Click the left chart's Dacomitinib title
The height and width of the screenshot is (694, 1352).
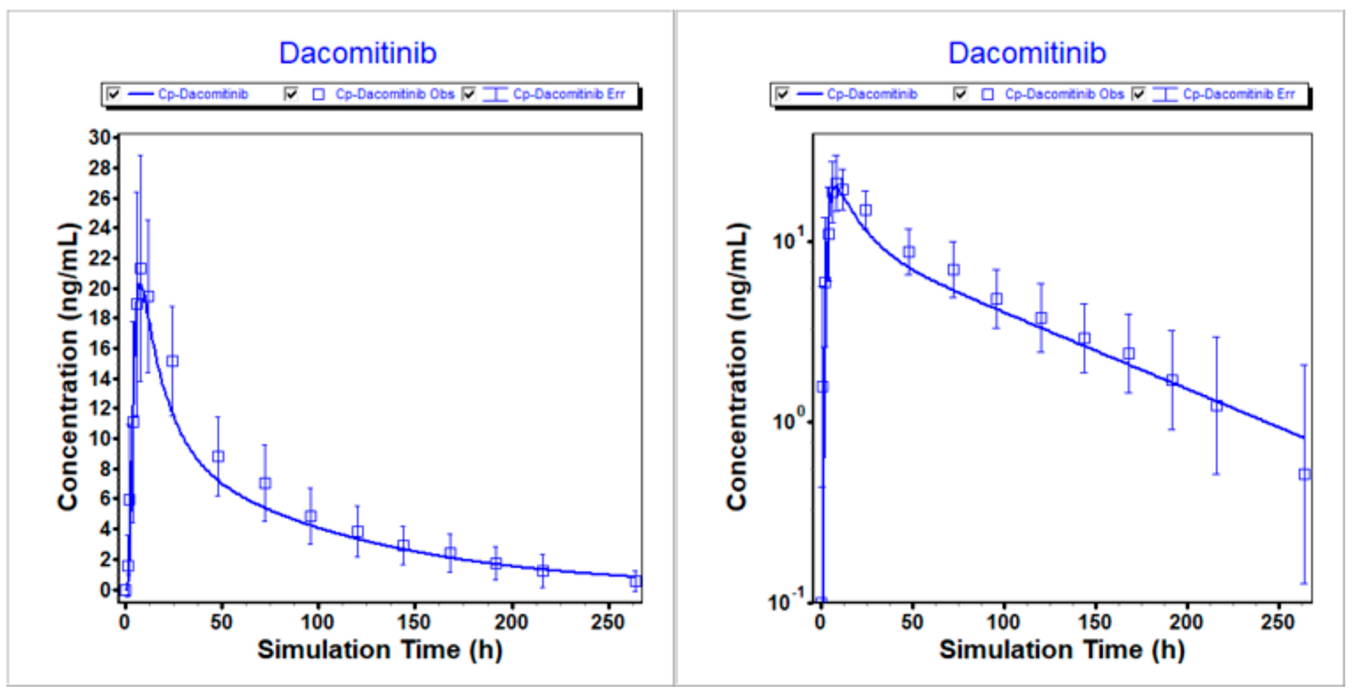pyautogui.click(x=357, y=53)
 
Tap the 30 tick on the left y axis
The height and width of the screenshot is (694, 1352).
pyautogui.click(x=100, y=138)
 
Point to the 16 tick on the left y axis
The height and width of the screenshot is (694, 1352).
pyautogui.click(x=100, y=349)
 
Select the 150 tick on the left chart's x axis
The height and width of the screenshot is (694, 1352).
pyautogui.click(x=414, y=623)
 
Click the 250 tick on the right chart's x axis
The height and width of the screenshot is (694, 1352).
pyautogui.click(x=1277, y=623)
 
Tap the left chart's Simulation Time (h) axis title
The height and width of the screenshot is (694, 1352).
pyautogui.click(x=380, y=650)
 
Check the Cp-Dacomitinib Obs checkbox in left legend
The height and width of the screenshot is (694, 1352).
pyautogui.click(x=291, y=94)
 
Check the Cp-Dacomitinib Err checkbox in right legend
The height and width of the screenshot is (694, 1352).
pyautogui.click(x=1138, y=94)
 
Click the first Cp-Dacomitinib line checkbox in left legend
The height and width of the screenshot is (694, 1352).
pyautogui.click(x=113, y=94)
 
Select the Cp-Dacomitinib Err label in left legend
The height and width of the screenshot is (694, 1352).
pyautogui.click(x=569, y=94)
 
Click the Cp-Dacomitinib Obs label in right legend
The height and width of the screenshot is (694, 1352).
pyautogui.click(x=1064, y=94)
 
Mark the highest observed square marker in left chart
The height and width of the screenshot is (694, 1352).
pyautogui.click(x=140, y=269)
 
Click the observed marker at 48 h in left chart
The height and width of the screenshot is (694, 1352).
pyautogui.click(x=218, y=456)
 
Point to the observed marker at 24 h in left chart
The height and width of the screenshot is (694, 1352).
pyautogui.click(x=172, y=361)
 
